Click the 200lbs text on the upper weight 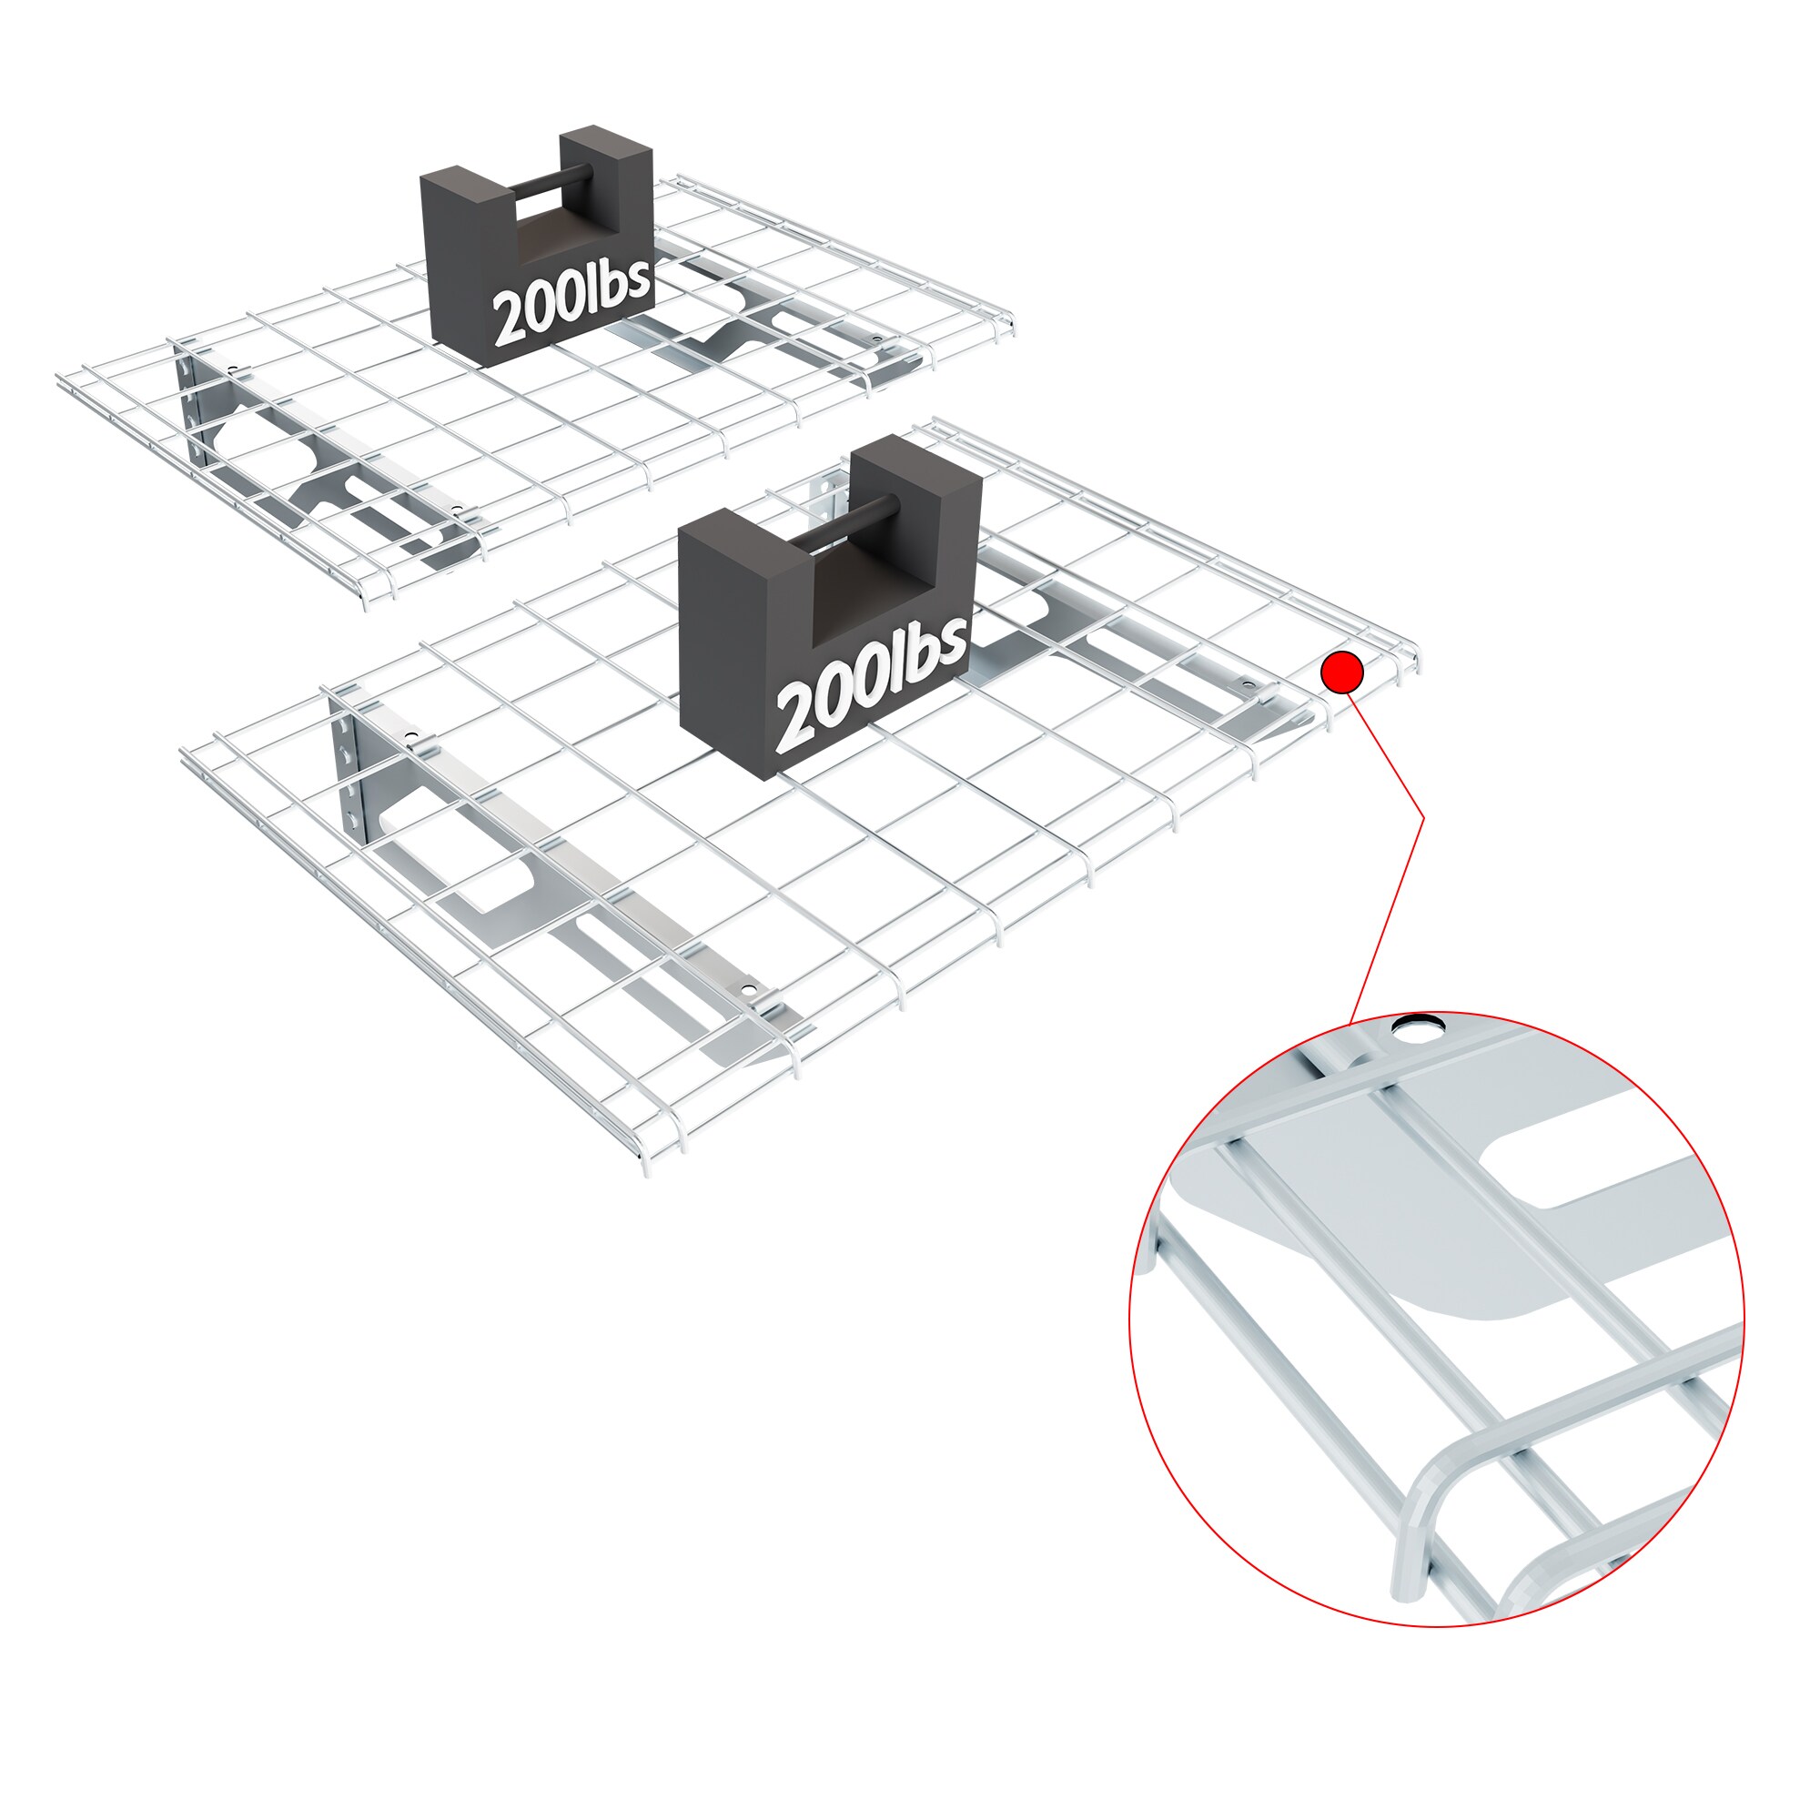pos(571,302)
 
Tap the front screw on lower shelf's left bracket pos(748,990)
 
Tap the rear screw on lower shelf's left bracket pos(410,735)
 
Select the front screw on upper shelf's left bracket pos(457,510)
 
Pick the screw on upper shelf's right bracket pos(876,339)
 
